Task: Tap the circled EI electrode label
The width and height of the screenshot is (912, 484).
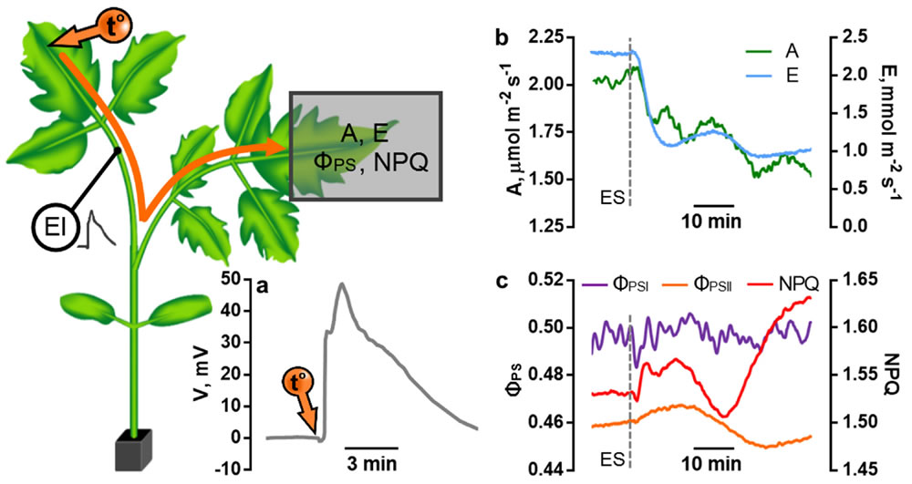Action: (49, 224)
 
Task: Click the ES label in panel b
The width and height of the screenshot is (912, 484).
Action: (615, 195)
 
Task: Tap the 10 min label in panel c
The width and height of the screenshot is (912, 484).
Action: (712, 465)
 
